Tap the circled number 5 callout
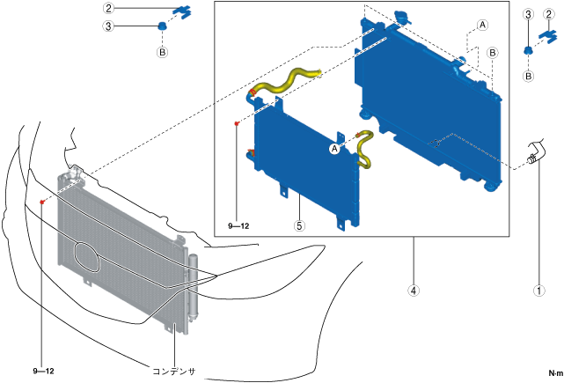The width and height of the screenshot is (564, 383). [x=300, y=225]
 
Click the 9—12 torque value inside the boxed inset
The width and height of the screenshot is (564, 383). [x=238, y=226]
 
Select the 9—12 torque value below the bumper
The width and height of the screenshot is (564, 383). [x=43, y=371]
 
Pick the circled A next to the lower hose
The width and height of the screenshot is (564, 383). [x=334, y=150]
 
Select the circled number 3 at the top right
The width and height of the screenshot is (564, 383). [x=527, y=14]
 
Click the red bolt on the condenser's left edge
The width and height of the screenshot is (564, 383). [x=42, y=203]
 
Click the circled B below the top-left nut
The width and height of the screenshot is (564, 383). [x=162, y=53]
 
